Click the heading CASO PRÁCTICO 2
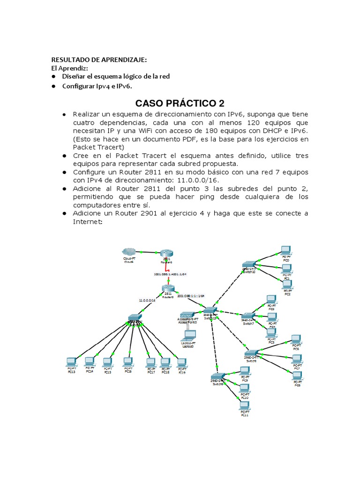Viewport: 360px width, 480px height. [x=180, y=103]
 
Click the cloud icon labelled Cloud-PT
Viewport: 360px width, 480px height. [x=128, y=251]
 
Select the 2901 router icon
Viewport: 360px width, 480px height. [x=166, y=253]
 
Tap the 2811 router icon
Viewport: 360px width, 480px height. [x=168, y=289]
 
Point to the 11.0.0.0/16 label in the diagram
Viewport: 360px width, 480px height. [x=147, y=300]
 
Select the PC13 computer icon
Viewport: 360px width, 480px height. [x=71, y=361]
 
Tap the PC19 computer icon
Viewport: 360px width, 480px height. [x=181, y=362]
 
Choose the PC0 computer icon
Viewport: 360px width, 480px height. [x=285, y=250]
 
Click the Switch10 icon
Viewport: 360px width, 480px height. [x=249, y=265]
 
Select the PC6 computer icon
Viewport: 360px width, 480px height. [x=296, y=339]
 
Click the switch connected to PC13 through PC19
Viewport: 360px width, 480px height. [x=135, y=318]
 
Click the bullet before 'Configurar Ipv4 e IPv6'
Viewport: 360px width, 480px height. [x=54, y=86]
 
